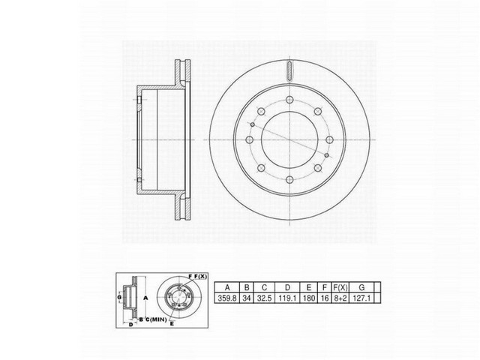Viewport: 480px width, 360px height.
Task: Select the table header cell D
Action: (x=287, y=286)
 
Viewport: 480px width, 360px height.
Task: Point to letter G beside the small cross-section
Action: (x=118, y=297)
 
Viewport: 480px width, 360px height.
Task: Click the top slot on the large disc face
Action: (x=289, y=74)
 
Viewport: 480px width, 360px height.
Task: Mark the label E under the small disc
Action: (x=172, y=323)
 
